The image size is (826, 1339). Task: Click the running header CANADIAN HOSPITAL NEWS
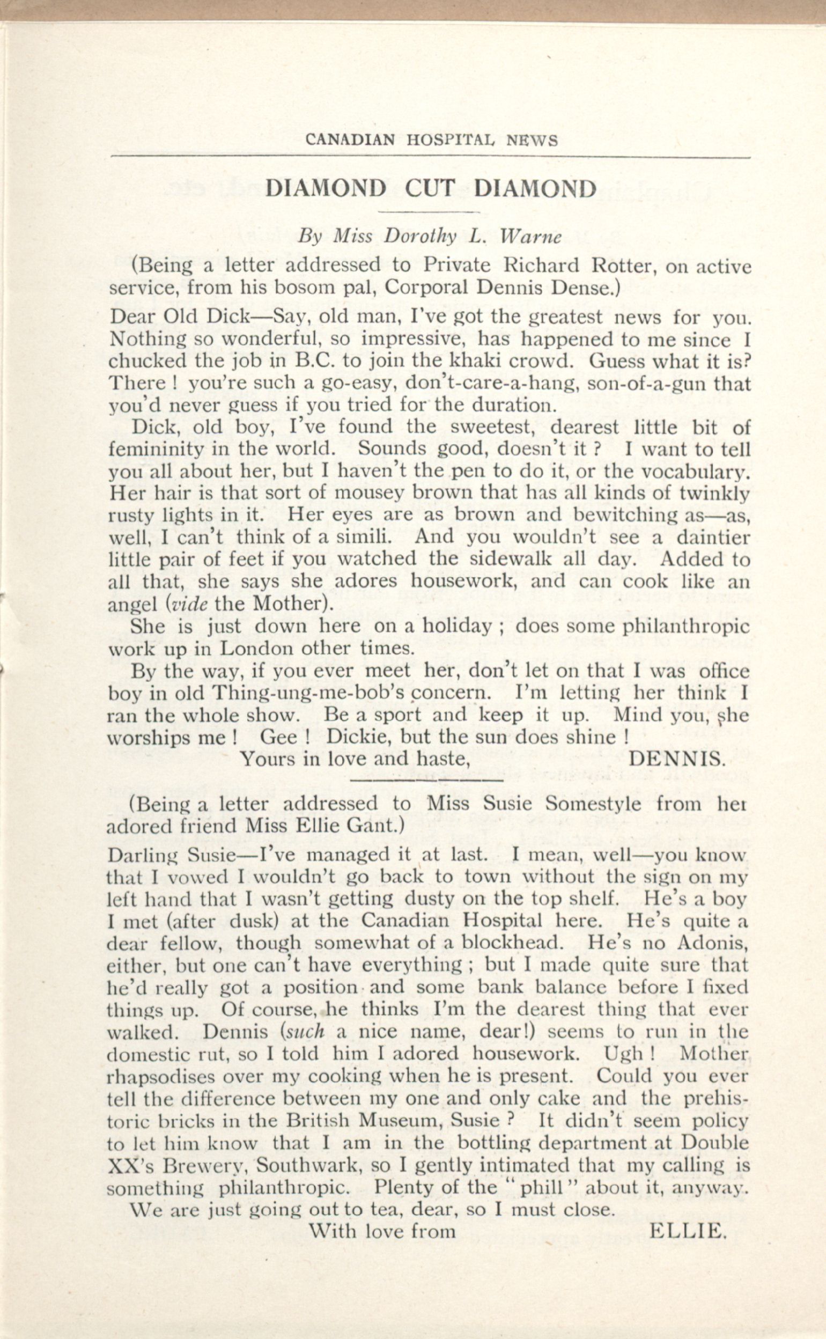pyautogui.click(x=432, y=141)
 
